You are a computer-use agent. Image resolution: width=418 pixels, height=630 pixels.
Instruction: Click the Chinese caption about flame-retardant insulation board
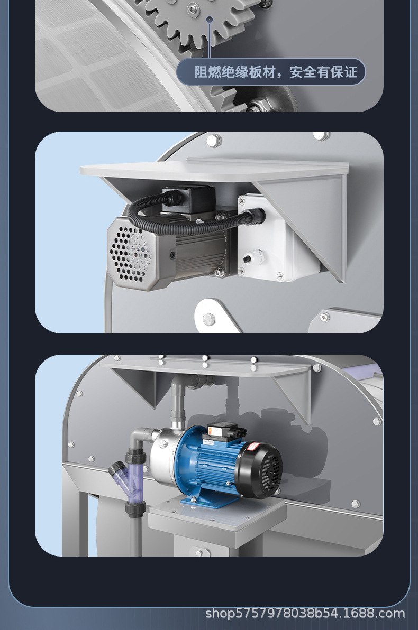276,72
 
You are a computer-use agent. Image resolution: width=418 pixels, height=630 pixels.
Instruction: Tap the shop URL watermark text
305,614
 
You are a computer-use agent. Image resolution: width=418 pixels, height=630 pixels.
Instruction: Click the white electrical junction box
273,237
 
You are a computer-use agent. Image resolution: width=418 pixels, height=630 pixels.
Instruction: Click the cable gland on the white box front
253,257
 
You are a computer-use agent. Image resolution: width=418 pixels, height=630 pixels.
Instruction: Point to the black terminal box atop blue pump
223,431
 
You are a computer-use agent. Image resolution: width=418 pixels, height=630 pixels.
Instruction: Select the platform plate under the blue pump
217,514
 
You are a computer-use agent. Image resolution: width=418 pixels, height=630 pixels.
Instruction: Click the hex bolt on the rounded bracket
209,319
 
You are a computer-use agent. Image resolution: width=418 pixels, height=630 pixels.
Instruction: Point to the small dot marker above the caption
209,19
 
